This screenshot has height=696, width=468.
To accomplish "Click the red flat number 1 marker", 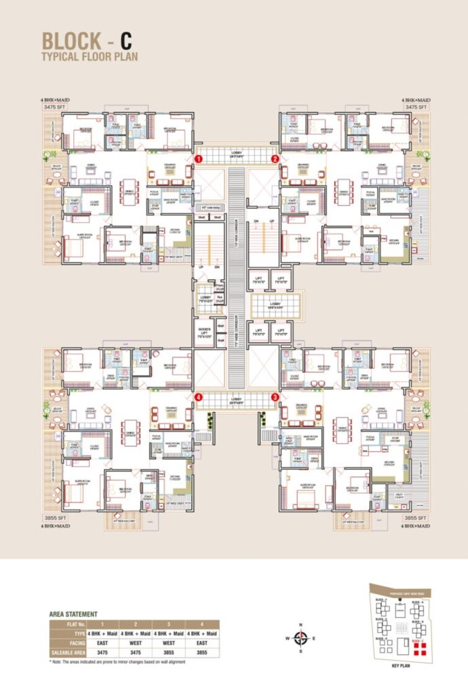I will point(197,159).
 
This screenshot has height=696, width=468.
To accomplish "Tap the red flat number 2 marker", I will point(275,159).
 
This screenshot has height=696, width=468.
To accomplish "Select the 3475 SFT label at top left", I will point(54,107).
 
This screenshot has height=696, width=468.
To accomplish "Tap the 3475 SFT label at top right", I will point(416,107).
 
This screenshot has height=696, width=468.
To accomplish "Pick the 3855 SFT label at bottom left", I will point(55,517).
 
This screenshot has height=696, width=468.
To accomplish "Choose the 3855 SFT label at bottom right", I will point(415,517).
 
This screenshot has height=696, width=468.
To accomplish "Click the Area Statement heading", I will point(73,614).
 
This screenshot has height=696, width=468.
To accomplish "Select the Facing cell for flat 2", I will point(135,643).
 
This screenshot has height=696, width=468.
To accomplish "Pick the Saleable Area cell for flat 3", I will point(169,653).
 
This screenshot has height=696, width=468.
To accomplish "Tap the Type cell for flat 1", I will point(102,634).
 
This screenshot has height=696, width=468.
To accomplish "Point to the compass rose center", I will point(301,638).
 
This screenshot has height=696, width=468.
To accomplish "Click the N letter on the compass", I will point(301,625).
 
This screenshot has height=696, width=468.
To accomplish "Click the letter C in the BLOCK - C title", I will point(126,41).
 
